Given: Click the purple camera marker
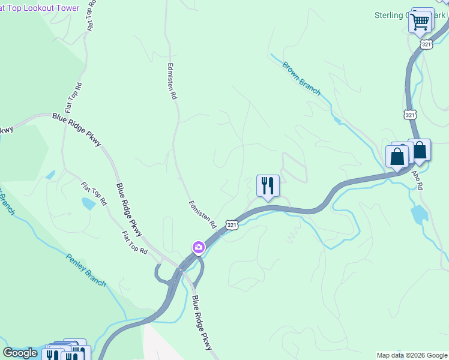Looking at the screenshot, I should [198, 247].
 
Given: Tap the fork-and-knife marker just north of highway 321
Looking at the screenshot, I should [268, 185].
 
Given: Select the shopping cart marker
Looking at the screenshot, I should [420, 22].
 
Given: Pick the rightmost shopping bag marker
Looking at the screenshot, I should [419, 150].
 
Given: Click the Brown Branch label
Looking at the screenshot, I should [301, 78].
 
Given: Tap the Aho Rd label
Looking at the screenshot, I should [417, 179].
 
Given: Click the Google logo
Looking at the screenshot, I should [20, 353].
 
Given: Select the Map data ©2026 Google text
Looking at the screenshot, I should [411, 355].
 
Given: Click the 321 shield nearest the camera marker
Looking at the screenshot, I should [232, 224].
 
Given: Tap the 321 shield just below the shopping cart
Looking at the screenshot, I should [426, 44].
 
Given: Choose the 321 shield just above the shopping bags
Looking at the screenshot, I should [410, 114].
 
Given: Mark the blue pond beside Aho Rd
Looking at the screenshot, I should [419, 214].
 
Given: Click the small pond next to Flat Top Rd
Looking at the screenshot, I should [88, 203].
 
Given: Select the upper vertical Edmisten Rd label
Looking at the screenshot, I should [173, 81].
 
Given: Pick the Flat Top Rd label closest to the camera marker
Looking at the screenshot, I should [134, 242].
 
